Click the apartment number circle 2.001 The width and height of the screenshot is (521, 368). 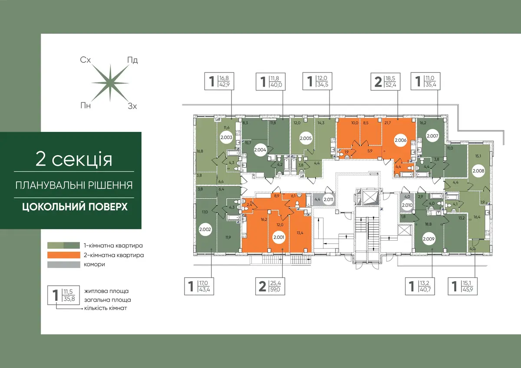point(279,237)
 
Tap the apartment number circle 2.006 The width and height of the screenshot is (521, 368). point(400,140)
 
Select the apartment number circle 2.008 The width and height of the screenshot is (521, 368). point(478,171)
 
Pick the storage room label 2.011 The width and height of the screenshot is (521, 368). point(328,199)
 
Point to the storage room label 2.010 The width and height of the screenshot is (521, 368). point(407,205)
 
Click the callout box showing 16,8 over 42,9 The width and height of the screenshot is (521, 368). point(219,81)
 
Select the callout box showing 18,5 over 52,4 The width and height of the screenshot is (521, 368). point(386,81)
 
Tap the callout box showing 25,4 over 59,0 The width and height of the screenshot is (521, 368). point(270,286)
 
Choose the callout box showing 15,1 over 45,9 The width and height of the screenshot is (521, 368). point(463,286)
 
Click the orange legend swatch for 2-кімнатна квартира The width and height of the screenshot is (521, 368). point(64,255)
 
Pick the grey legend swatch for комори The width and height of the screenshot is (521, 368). point(64,265)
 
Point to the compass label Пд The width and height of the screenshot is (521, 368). point(132,60)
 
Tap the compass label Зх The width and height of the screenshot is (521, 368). point(132,106)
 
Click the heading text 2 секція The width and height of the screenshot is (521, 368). point(74,159)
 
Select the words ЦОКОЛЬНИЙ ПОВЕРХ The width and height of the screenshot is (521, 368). point(75,207)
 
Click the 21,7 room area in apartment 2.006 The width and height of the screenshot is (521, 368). point(387,123)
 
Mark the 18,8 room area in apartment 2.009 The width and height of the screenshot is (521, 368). point(428,224)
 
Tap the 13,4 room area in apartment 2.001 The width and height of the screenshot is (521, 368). point(300,233)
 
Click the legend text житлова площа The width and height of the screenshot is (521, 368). point(106,291)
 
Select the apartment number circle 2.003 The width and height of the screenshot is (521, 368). point(226,137)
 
